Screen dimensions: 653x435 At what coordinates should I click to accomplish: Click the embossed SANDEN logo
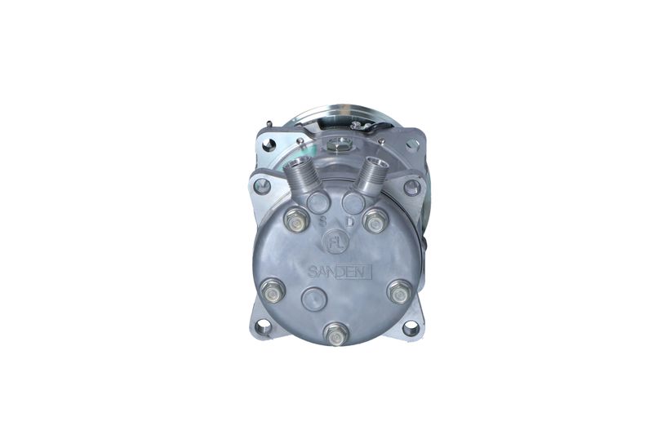340,273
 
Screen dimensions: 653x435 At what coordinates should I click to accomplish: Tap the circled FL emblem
335,242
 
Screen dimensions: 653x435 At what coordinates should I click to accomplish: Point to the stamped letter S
322,221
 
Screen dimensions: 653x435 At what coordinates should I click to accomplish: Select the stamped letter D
350,221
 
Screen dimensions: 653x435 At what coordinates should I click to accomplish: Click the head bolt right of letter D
375,220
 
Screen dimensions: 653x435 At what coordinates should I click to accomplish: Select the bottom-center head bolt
336,334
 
